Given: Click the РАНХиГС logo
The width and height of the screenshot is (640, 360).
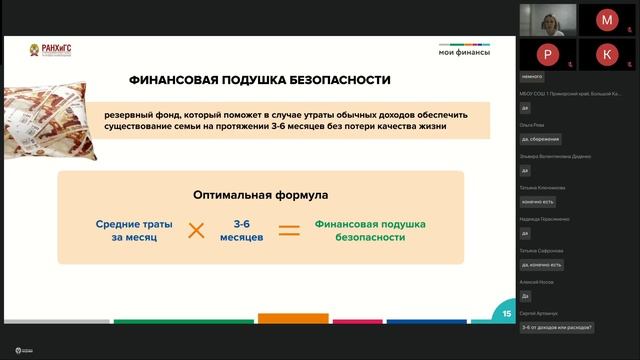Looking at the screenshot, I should point(49,50).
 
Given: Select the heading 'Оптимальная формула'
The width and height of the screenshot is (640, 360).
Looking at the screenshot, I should point(260,196).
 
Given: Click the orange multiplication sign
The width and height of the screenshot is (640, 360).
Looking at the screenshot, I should point(196,231).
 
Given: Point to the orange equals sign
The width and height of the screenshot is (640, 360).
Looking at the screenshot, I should point(289,231).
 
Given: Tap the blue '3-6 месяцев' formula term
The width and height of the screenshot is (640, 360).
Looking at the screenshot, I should point(242,231).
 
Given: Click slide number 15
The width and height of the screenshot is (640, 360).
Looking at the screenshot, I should point(507,314).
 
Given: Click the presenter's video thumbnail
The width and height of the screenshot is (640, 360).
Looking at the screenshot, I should point(547,20).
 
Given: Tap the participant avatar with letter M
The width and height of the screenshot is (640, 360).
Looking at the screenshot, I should point(607,20).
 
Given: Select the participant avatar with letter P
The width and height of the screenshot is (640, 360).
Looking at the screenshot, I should point(547,54).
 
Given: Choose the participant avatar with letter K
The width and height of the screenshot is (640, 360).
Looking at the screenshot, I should point(607,54).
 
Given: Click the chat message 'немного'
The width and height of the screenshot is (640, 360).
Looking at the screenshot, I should point(532,76).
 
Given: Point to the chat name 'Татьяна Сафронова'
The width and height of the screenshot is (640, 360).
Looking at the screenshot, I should point(542,250).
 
